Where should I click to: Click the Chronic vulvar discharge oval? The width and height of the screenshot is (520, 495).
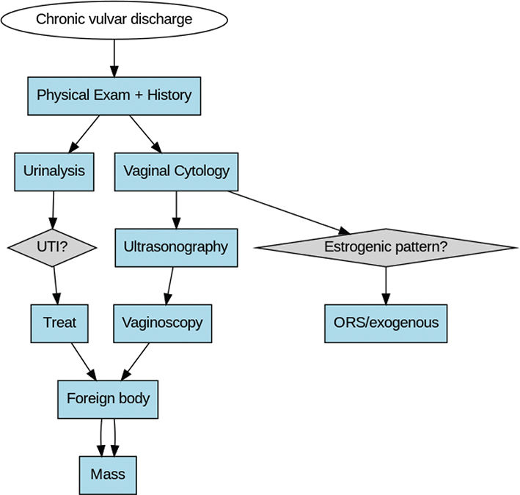tap(114, 20)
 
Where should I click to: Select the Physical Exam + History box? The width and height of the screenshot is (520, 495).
tap(114, 95)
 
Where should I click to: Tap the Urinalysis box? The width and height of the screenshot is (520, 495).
tap(54, 172)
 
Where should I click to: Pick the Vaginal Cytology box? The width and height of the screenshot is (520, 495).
tap(176, 172)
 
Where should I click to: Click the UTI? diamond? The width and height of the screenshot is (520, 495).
tap(52, 247)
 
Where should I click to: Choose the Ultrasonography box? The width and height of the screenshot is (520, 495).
tap(176, 247)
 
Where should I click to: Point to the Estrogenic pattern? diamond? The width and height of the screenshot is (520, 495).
tap(386, 247)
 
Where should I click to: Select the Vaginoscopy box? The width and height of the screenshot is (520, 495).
tap(163, 323)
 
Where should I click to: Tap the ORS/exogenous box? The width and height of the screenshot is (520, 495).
tap(386, 323)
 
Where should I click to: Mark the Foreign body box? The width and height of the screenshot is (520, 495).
tap(108, 399)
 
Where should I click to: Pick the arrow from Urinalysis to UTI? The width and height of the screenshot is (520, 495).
tap(53, 208)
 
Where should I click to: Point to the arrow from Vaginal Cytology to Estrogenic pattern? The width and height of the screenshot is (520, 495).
tap(293, 211)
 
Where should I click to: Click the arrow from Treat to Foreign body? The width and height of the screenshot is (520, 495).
tap(81, 361)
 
